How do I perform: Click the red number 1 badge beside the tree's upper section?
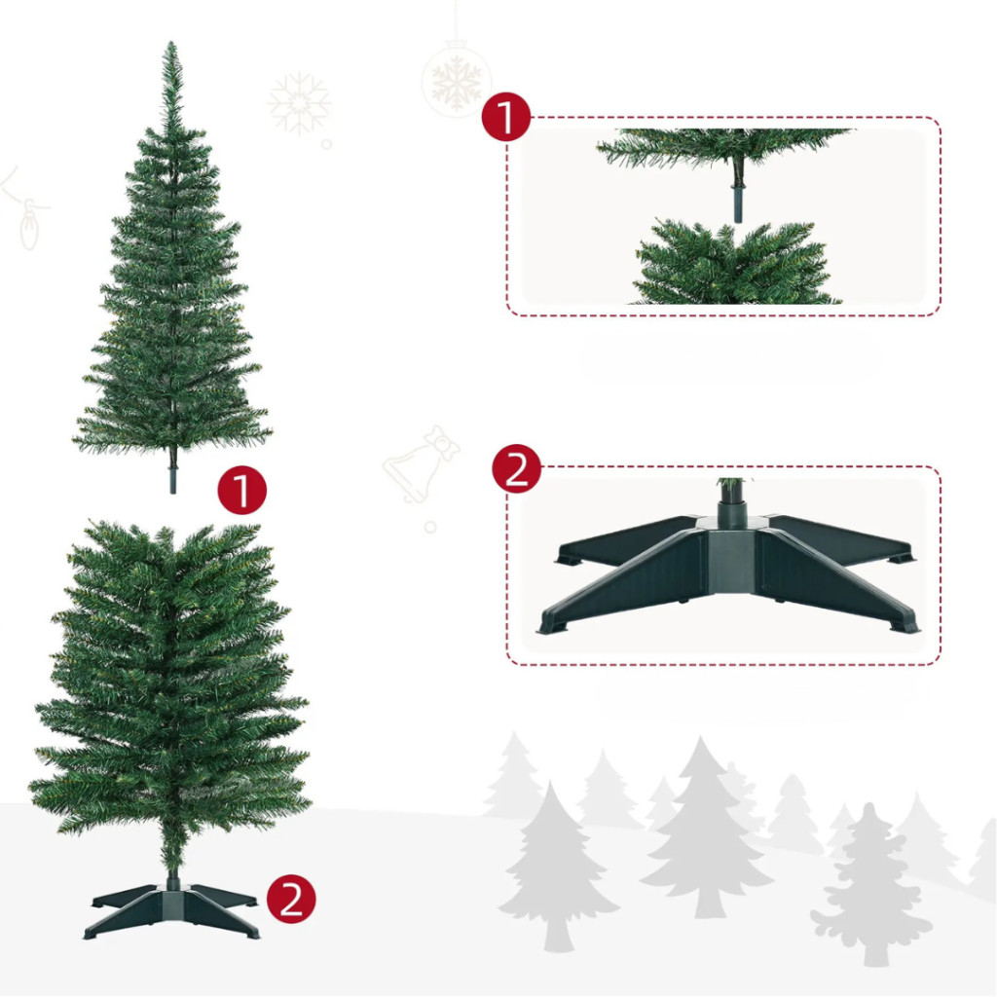[x=241, y=491]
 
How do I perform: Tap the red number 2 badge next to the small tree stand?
[x=291, y=899]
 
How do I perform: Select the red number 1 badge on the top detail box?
[x=506, y=117]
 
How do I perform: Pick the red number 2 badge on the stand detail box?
[x=516, y=468]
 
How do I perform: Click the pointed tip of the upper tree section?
[x=171, y=43]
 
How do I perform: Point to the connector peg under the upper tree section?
[x=172, y=480]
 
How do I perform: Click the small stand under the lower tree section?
[x=171, y=909]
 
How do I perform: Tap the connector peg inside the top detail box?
[x=738, y=203]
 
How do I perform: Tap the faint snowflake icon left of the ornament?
[x=299, y=103]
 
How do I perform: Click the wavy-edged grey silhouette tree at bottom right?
[x=871, y=884]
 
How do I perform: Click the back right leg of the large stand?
[x=839, y=537]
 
